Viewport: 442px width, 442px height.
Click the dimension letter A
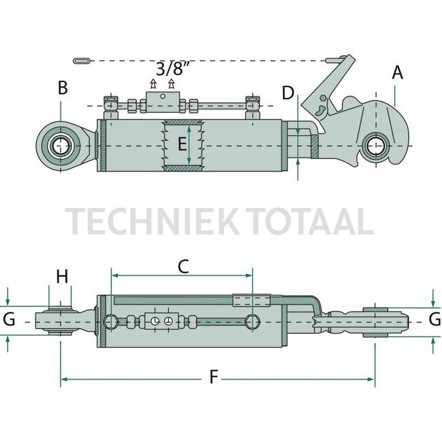coord(397,73)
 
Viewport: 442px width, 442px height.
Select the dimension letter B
coord(63,88)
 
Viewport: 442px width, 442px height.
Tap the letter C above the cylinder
coord(183,267)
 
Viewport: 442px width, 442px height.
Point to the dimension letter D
coord(288,93)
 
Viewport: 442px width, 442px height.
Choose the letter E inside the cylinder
coord(182,144)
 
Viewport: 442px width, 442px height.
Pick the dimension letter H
coord(63,276)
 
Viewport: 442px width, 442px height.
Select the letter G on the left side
coord(9,319)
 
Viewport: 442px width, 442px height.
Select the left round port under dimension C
coord(111,321)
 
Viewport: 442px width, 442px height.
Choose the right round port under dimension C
coord(252,321)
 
